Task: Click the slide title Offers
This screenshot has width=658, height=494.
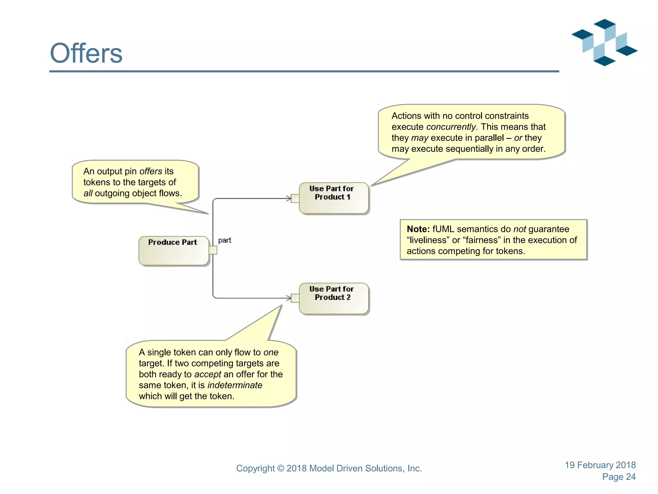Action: [86, 53]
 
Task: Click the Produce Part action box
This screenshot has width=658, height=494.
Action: [173, 251]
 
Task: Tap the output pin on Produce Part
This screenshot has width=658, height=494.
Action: [213, 250]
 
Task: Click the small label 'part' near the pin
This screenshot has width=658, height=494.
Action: [225, 240]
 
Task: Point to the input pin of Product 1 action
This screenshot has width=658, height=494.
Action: [295, 198]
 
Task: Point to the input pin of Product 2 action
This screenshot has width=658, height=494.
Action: [295, 298]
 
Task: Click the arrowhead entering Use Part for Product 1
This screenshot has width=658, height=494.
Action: [289, 198]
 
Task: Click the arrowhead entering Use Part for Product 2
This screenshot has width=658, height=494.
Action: [289, 298]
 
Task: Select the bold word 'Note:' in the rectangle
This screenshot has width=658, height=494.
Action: [418, 229]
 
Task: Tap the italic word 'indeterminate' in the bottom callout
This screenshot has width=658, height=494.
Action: [235, 385]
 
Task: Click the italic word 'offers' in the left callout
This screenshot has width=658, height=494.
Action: [151, 171]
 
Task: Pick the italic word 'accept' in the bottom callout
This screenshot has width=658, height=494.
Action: [208, 374]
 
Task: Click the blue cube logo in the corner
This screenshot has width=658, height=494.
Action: [604, 42]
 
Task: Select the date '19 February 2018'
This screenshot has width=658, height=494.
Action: [600, 465]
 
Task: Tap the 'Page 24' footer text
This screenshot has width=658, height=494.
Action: [619, 477]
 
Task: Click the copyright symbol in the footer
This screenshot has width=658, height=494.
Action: [280, 469]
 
